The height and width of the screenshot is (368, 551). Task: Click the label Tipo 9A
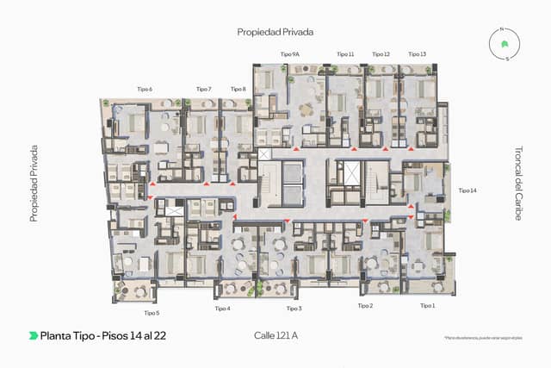coord(290,54)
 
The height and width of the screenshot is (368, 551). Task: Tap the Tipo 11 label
coord(345,54)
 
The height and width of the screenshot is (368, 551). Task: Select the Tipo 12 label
coord(381,54)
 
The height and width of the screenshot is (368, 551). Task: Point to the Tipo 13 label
coord(417,54)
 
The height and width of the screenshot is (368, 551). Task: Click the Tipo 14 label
coord(467,190)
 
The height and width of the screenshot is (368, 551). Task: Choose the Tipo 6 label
coord(145,89)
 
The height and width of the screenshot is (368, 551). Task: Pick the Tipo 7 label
coord(203,89)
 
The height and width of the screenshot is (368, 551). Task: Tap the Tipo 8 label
coord(238,89)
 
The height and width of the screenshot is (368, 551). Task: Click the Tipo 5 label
coord(152,313)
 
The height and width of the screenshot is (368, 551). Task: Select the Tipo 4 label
coord(222,309)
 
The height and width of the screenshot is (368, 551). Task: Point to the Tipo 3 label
coord(294,309)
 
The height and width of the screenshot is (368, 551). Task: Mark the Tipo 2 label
coord(365,306)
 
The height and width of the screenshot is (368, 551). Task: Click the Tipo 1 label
coord(428,306)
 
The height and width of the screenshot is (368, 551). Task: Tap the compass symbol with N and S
coord(507,44)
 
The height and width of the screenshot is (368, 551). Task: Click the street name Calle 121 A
coord(275,334)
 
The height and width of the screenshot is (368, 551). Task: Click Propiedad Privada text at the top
coord(275,32)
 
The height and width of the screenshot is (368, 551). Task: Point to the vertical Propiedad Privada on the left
coord(34,183)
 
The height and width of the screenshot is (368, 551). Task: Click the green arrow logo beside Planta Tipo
coord(33,335)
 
